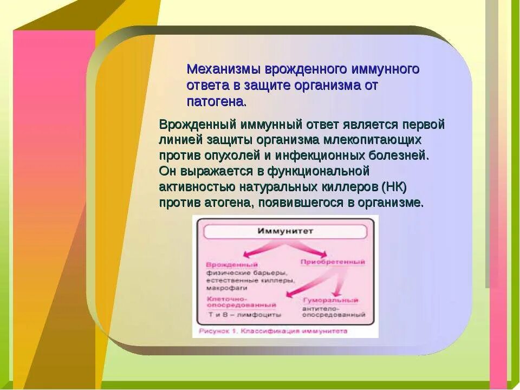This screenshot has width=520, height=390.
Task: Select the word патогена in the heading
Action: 216,101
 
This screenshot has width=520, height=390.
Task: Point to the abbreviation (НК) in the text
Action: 394,187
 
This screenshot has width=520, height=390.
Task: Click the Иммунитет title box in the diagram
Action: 285,231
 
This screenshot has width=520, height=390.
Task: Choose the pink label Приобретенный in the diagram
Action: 332,262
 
